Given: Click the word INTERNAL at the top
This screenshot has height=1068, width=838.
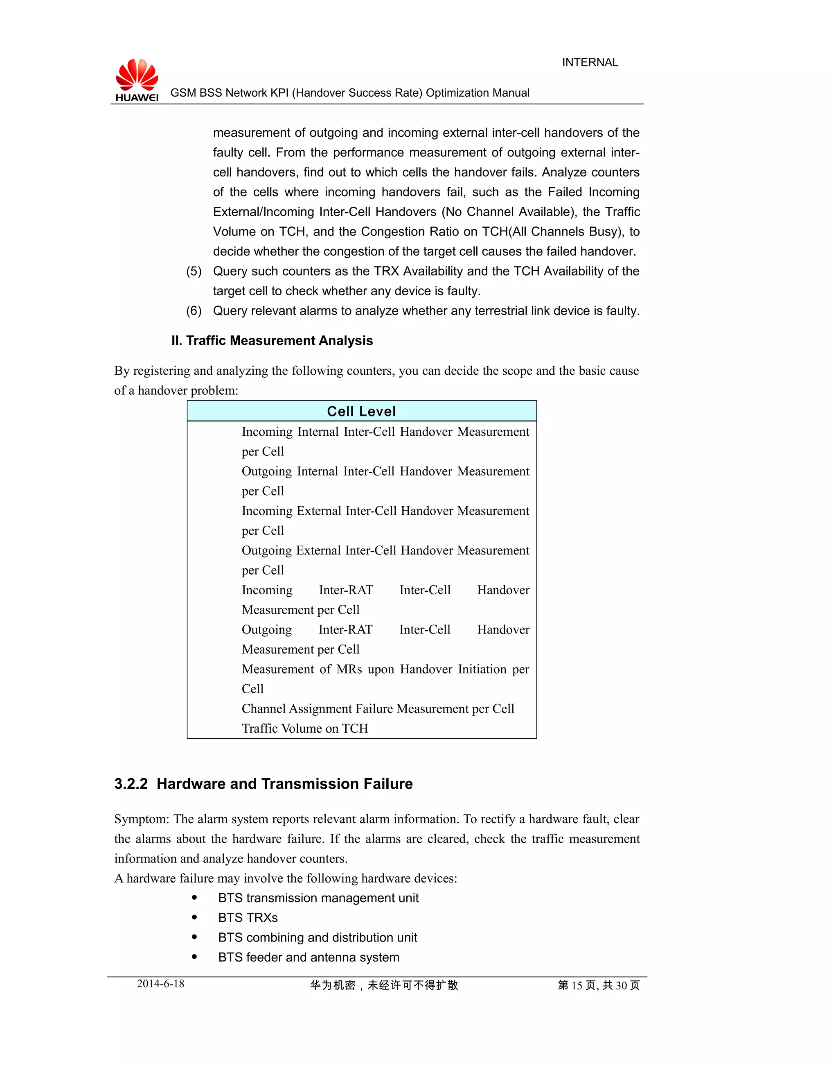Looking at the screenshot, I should point(590,62).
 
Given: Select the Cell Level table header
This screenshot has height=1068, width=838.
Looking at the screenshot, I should point(362,411).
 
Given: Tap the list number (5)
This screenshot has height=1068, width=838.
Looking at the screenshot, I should point(194,271).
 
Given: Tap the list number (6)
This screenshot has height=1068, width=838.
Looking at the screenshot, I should point(194,311).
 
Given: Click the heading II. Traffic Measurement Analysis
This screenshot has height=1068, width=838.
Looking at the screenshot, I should point(272,340).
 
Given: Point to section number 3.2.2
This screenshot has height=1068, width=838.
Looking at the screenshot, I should point(131,784).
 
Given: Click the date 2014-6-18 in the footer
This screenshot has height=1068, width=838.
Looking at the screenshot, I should point(160,984).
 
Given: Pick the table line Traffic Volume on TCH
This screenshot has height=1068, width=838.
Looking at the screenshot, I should point(305,728).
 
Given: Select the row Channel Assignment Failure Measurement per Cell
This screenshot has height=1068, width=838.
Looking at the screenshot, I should point(378,708).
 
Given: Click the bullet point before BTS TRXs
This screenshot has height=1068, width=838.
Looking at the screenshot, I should point(195,917).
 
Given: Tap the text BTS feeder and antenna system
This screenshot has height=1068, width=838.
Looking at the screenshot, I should point(309,957).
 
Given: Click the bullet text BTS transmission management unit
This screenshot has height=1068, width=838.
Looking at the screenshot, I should point(318,898).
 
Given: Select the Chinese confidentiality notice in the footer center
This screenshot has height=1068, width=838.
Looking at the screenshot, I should point(384,985).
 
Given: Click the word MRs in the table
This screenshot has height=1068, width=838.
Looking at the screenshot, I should point(349,669).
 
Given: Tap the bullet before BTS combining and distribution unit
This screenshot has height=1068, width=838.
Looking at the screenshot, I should point(195,937).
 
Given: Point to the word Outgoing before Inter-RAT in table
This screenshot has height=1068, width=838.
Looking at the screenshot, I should point(266,629).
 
